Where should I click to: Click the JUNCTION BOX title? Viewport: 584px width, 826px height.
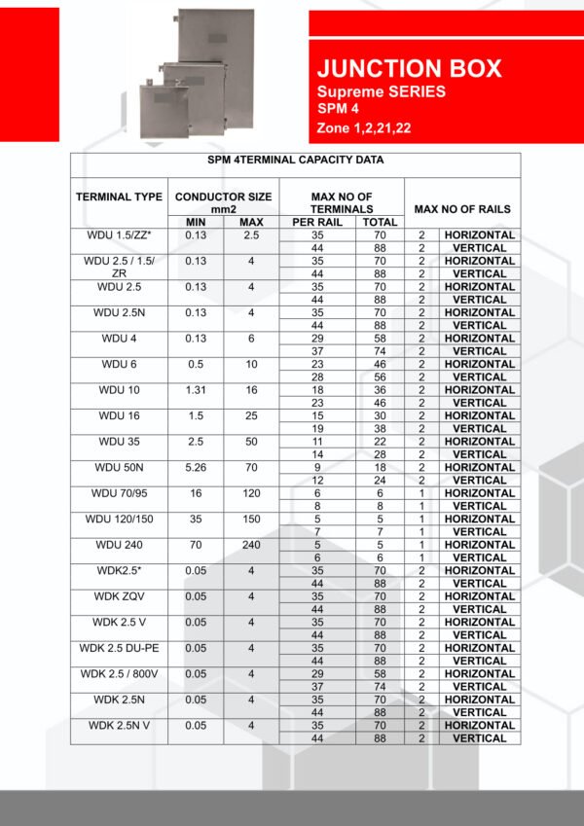409,69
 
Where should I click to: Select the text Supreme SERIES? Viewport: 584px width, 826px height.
382,91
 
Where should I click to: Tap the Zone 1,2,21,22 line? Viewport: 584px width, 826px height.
363,127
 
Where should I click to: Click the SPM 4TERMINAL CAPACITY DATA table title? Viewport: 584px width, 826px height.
295,160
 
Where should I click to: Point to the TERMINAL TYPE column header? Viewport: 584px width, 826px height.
119,197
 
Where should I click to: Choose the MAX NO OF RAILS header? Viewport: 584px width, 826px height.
461,209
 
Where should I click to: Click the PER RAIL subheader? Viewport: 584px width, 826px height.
317,222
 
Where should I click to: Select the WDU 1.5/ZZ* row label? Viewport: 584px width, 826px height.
119,235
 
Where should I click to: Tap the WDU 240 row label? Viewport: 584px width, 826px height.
119,545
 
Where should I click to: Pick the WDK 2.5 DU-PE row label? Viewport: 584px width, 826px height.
119,648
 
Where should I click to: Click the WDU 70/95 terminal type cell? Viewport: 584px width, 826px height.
119,493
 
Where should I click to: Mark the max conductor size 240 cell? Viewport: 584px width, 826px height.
250,545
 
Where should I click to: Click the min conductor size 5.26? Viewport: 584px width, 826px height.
196,467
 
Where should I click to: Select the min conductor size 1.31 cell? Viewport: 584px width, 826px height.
196,390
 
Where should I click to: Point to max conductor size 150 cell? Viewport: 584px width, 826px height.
250,519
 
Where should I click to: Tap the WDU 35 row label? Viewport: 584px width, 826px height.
119,442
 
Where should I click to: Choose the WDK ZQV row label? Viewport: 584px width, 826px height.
119,596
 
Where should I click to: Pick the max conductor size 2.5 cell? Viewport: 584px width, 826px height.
250,235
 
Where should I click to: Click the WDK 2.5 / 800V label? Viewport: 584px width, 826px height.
119,673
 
